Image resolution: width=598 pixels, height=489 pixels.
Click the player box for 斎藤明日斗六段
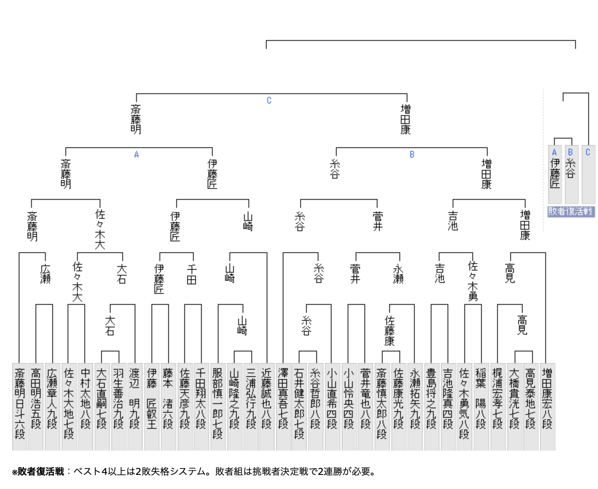tap(19, 406)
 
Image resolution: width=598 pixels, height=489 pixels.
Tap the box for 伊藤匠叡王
tap(152, 406)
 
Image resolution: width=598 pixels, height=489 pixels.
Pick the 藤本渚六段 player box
tap(168, 406)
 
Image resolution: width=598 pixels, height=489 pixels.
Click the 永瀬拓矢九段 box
tap(415, 406)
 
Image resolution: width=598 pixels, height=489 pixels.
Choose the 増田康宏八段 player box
tap(547, 406)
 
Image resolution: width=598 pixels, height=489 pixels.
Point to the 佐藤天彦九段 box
tap(185, 406)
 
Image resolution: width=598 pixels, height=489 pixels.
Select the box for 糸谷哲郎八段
tap(316, 406)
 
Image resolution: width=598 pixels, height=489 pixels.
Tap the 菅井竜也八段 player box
tap(366, 406)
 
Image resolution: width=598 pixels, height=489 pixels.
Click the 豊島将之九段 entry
tap(431, 406)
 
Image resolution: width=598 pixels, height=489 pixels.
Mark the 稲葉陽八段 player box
tap(481, 406)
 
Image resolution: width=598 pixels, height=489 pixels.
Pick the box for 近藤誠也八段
tap(266, 406)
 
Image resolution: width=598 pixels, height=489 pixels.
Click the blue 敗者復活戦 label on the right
tap(571, 211)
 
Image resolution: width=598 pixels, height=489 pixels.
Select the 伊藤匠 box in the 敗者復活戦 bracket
tap(555, 174)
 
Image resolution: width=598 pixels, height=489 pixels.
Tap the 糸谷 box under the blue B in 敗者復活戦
tap(571, 174)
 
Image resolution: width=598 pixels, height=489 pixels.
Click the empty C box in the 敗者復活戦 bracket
tap(588, 174)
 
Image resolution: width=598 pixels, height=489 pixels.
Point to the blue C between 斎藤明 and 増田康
tap(269, 101)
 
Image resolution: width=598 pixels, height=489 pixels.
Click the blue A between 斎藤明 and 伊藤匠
tap(137, 155)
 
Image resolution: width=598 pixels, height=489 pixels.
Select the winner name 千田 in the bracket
tap(192, 274)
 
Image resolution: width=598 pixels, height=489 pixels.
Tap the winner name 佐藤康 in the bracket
tap(389, 331)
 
